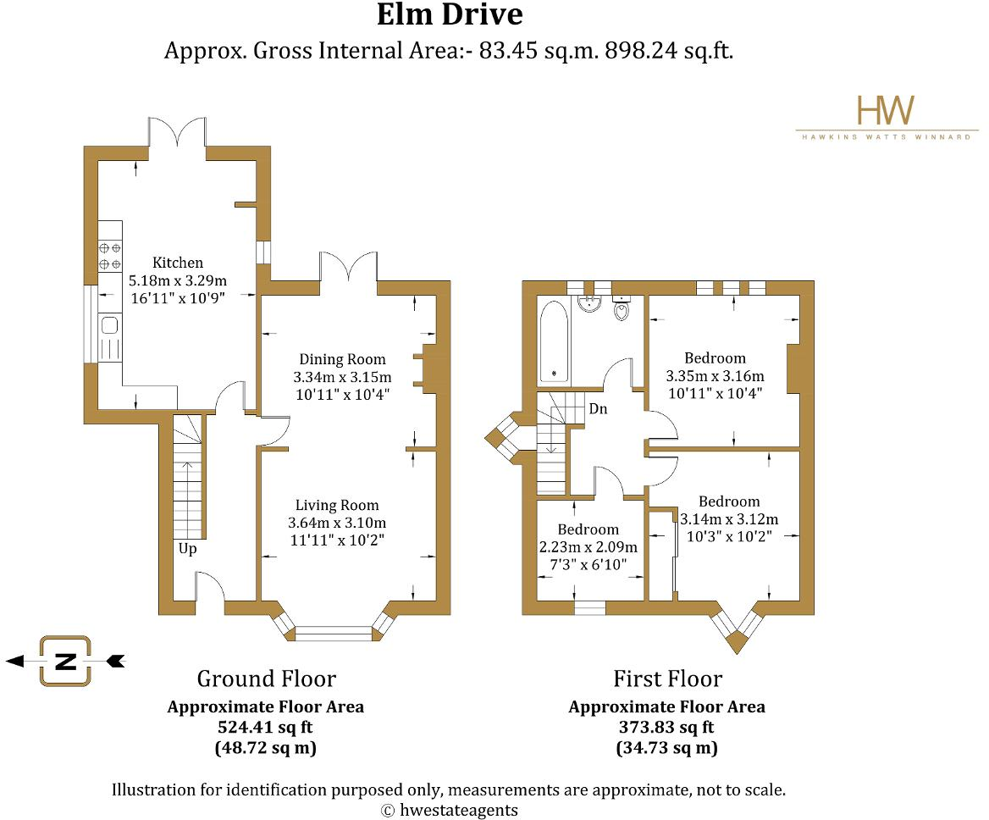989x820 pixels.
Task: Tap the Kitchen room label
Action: pyautogui.click(x=178, y=263)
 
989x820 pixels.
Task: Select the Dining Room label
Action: pyautogui.click(x=342, y=359)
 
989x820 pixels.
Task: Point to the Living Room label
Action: pyautogui.click(x=338, y=505)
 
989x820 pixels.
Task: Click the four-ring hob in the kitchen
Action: pyautogui.click(x=110, y=256)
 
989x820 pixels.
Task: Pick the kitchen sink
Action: pyautogui.click(x=110, y=326)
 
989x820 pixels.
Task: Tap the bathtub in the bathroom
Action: pyautogui.click(x=555, y=341)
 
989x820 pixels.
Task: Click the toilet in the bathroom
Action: pyautogui.click(x=622, y=308)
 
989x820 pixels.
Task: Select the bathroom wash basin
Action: pyautogui.click(x=590, y=302)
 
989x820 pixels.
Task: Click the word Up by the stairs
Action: pyautogui.click(x=187, y=549)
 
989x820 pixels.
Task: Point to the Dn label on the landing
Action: pyautogui.click(x=598, y=409)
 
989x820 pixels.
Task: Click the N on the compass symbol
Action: pyautogui.click(x=65, y=662)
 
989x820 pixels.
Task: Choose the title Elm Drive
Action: pyautogui.click(x=450, y=14)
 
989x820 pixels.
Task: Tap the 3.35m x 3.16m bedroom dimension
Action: pyautogui.click(x=716, y=377)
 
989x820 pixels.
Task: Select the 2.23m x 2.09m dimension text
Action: pyautogui.click(x=588, y=547)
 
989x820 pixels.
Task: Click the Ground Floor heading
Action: pyautogui.click(x=266, y=679)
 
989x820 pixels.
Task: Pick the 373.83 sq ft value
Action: pyautogui.click(x=666, y=728)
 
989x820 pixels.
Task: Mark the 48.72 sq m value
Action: pyautogui.click(x=266, y=748)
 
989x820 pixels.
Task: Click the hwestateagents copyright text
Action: pyautogui.click(x=450, y=811)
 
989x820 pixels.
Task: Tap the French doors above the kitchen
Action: pyautogui.click(x=177, y=132)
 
